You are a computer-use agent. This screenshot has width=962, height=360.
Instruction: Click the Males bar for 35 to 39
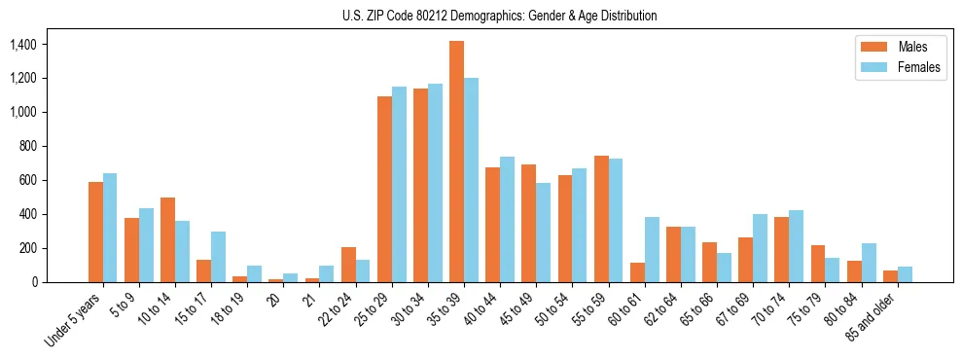click(457, 162)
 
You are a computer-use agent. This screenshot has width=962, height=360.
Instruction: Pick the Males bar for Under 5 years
click(95, 233)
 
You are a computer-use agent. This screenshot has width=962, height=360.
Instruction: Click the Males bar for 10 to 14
click(167, 240)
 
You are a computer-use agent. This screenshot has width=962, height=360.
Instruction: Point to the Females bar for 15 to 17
click(218, 257)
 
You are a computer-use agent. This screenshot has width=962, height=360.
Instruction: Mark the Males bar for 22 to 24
click(348, 265)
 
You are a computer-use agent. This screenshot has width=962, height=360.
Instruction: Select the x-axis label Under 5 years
click(74, 320)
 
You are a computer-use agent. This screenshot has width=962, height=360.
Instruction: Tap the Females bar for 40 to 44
click(507, 219)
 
